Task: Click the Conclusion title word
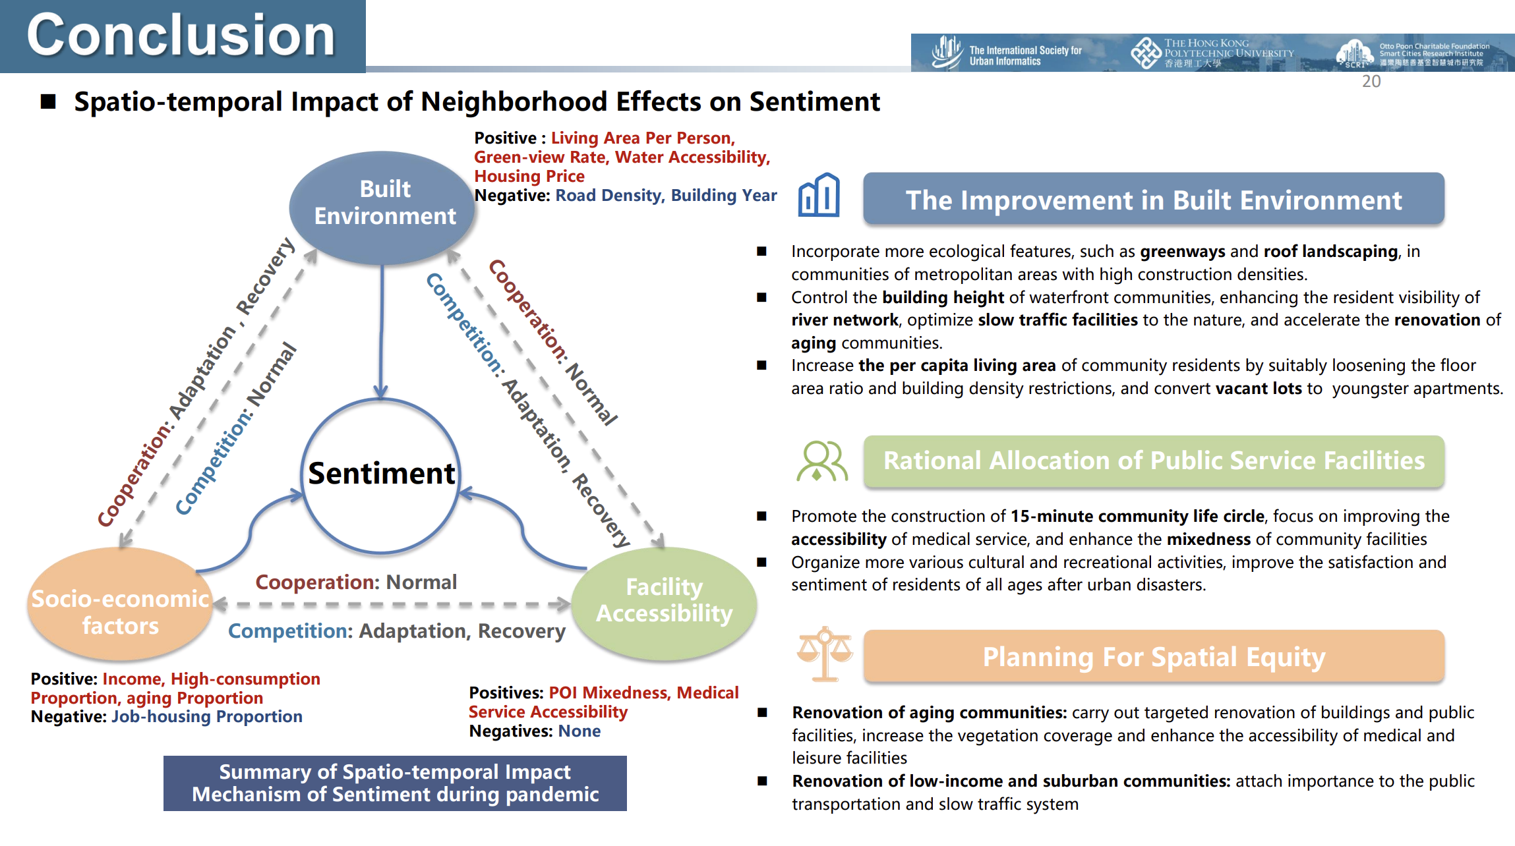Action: [x=181, y=36]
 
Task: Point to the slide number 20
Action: [x=1371, y=82]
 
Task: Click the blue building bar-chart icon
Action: [x=819, y=196]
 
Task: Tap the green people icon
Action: [x=821, y=461]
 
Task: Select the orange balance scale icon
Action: [x=824, y=654]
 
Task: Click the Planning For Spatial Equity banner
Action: [x=1154, y=656]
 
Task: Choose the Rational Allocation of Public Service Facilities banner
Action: [x=1154, y=461]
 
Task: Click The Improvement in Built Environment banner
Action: [x=1154, y=200]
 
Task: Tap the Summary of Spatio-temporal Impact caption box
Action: [x=395, y=783]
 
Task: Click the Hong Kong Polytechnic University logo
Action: [x=1212, y=53]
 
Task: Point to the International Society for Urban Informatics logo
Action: [x=1006, y=53]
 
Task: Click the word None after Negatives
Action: [x=579, y=731]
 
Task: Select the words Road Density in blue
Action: [x=609, y=196]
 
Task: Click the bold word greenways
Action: [x=1182, y=252]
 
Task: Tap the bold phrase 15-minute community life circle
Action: [x=1137, y=517]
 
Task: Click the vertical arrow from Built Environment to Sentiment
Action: [x=381, y=329]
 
